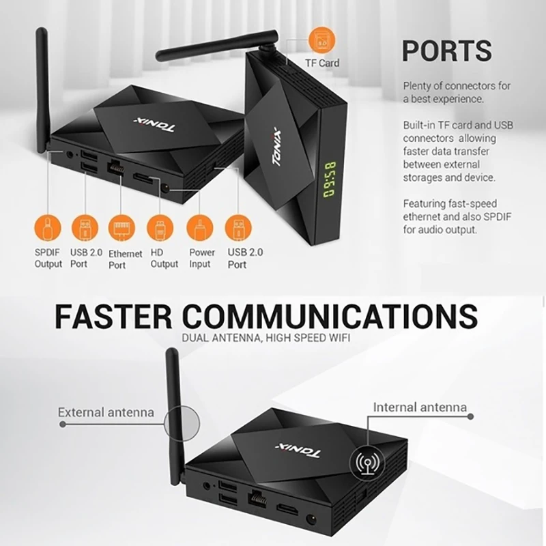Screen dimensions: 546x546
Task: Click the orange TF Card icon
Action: click(x=321, y=41)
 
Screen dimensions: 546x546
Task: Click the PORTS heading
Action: click(x=446, y=51)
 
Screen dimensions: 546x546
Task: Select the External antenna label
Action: click(x=106, y=412)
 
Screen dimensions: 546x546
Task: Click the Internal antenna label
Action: click(x=420, y=407)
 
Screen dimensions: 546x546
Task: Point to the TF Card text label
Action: click(x=321, y=63)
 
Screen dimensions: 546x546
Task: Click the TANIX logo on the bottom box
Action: click(x=297, y=450)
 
